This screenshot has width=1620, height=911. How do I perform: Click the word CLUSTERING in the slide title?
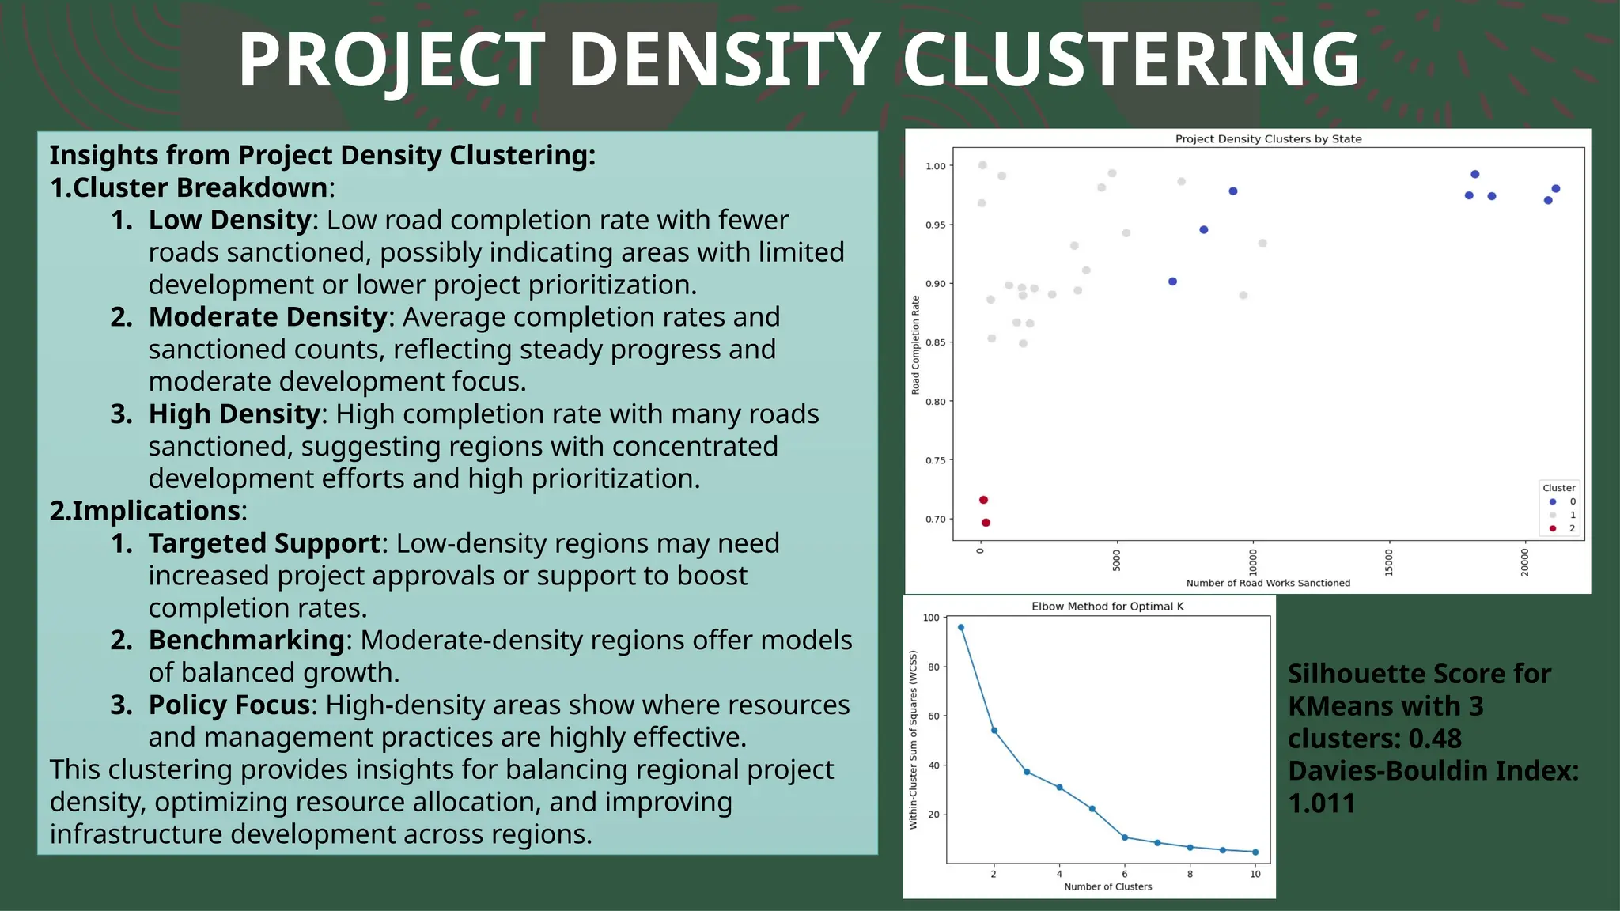tap(1131, 60)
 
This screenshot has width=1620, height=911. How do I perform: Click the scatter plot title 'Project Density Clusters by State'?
tap(1268, 139)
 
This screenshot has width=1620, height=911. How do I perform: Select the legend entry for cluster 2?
tap(1561, 528)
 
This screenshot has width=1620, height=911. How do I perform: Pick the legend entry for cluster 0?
tap(1561, 501)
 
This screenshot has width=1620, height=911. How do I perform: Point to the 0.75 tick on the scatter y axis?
tap(935, 460)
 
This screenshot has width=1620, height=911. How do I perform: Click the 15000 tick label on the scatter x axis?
tap(1389, 561)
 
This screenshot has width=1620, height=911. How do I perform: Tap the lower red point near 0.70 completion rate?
tap(986, 523)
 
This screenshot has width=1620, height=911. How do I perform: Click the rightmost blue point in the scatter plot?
tap(1555, 188)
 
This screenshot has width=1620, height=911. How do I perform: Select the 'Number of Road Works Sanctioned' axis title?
tap(1268, 583)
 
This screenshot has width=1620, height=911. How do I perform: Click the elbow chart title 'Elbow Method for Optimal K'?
tap(1107, 607)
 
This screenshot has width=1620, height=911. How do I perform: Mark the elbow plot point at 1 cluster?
tap(961, 627)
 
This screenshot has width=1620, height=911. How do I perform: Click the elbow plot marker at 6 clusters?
tap(1125, 837)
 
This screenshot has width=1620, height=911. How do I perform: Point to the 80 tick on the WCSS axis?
tap(933, 667)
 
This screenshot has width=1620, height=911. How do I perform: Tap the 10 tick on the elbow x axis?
tap(1255, 874)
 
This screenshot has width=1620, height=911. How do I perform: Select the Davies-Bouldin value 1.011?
tap(1321, 803)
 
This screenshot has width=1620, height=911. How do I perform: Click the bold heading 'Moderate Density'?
tap(267, 317)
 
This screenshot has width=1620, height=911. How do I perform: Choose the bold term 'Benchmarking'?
tap(246, 640)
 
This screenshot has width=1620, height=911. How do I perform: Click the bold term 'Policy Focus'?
tap(229, 705)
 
